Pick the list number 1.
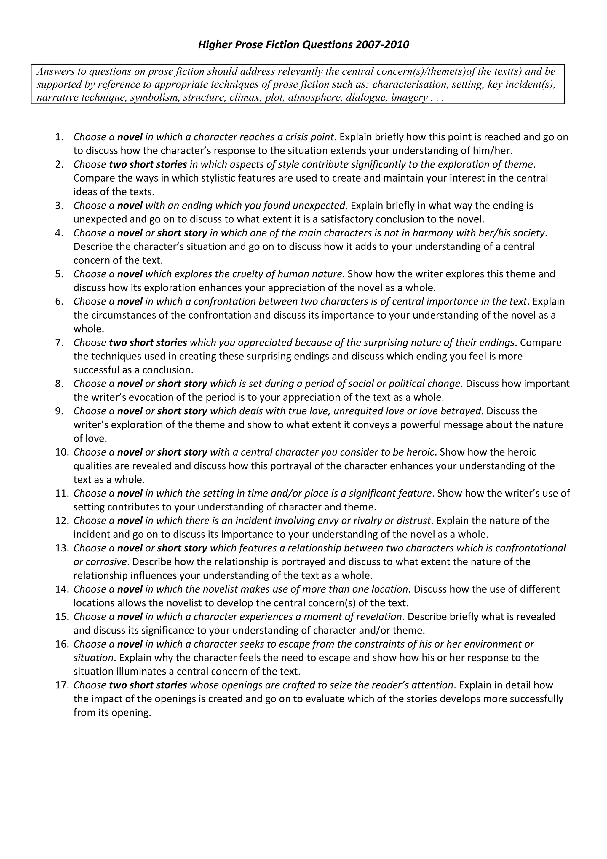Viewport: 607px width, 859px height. coord(60,137)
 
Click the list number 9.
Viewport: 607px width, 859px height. coord(60,411)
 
